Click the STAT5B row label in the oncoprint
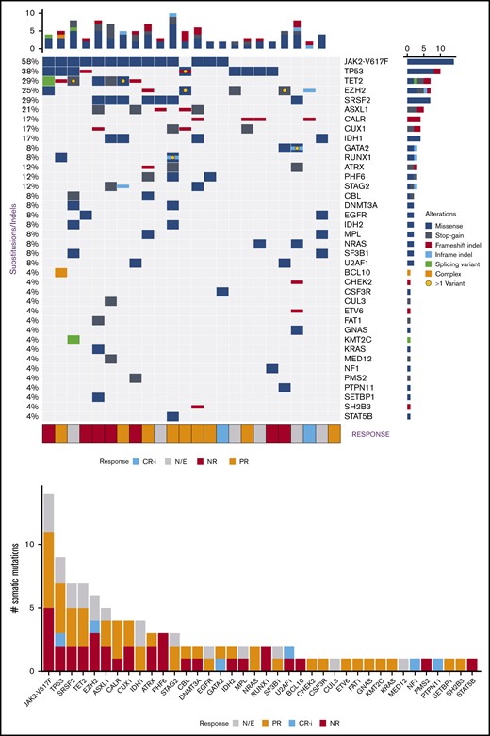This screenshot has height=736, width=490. [x=361, y=416]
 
